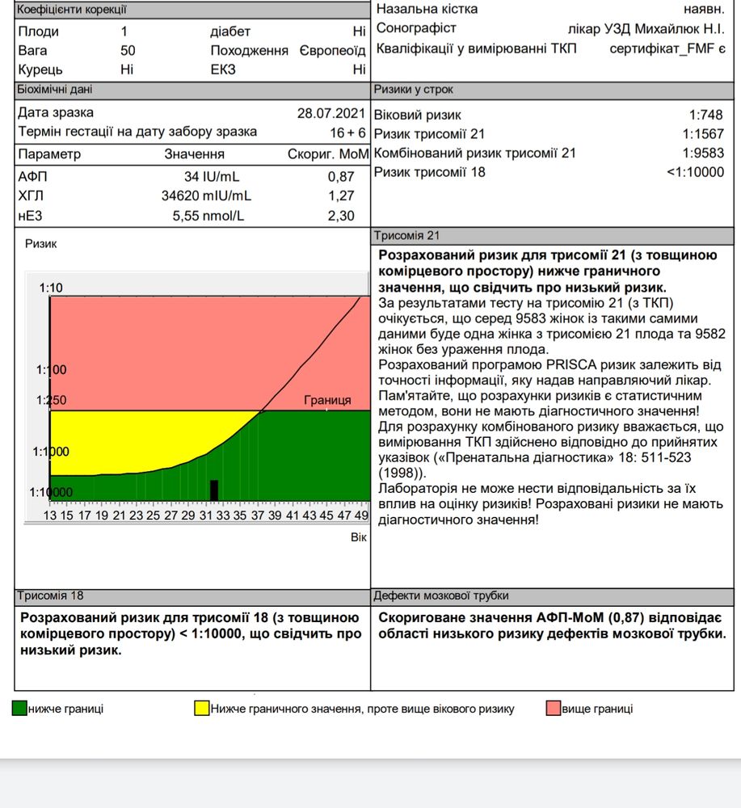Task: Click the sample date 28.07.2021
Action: tap(331, 113)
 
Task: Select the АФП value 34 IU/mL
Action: tap(212, 176)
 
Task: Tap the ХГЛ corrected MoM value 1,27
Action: tap(342, 196)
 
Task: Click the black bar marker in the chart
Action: tap(214, 490)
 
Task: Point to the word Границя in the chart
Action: tap(327, 400)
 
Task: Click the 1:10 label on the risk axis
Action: tap(50, 288)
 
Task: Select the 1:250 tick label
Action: tap(50, 400)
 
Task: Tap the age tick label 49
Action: tap(361, 516)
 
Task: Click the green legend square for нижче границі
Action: tap(19, 709)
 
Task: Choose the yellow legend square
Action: tap(201, 709)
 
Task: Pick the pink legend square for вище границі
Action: tap(554, 709)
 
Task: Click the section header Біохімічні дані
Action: tap(55, 90)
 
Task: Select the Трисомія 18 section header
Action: tap(50, 595)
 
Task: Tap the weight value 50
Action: tap(128, 51)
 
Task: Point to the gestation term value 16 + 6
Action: tap(347, 132)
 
